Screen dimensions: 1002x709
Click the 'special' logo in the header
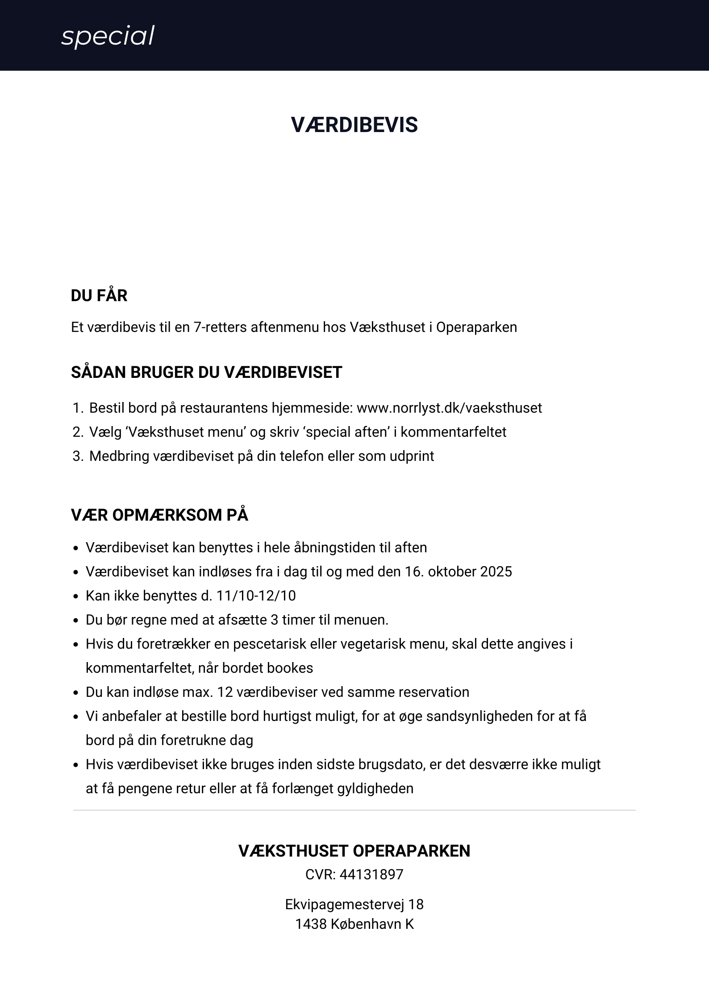pyautogui.click(x=108, y=36)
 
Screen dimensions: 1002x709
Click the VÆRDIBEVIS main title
pyautogui.click(x=354, y=125)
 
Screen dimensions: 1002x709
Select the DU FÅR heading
pyautogui.click(x=99, y=296)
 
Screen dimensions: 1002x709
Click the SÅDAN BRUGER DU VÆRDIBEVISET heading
pyautogui.click(x=206, y=373)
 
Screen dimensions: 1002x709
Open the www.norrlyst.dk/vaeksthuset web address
pyautogui.click(x=449, y=408)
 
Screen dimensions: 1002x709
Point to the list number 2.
pyautogui.click(x=77, y=432)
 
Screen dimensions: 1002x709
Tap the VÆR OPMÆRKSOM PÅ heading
pyautogui.click(x=159, y=515)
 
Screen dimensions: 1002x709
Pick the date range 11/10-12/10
pyautogui.click(x=256, y=596)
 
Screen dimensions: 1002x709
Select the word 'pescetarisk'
pyautogui.click(x=270, y=644)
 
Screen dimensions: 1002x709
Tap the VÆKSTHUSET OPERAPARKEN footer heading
pyautogui.click(x=354, y=851)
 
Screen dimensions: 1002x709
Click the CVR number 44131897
pyautogui.click(x=371, y=875)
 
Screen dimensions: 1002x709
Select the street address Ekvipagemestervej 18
pyautogui.click(x=354, y=905)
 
